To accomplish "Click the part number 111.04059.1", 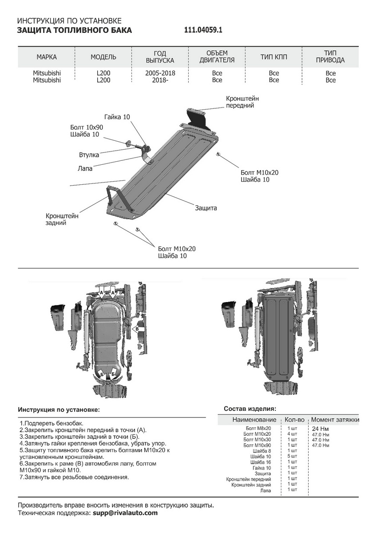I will (x=203, y=30).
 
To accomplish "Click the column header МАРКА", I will (x=47, y=57).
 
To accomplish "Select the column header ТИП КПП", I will (x=274, y=57).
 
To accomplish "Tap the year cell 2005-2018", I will (x=160, y=73).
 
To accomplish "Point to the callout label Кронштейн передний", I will (x=242, y=102).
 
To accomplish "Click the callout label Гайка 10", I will (x=117, y=117).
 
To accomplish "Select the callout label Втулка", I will (x=89, y=155).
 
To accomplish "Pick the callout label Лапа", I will (x=85, y=168).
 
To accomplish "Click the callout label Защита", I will (x=206, y=208).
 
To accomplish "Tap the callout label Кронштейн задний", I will (x=62, y=219).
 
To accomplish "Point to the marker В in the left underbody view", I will (x=137, y=329).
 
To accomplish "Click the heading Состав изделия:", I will (x=250, y=408).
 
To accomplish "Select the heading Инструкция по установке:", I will (x=59, y=409).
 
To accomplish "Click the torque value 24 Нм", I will (x=321, y=429).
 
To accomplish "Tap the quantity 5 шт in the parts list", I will (x=292, y=456).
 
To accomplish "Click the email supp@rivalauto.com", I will (x=125, y=513).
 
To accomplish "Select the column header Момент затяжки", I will (x=335, y=420).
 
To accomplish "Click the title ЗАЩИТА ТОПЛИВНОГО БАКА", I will (x=74, y=30).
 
